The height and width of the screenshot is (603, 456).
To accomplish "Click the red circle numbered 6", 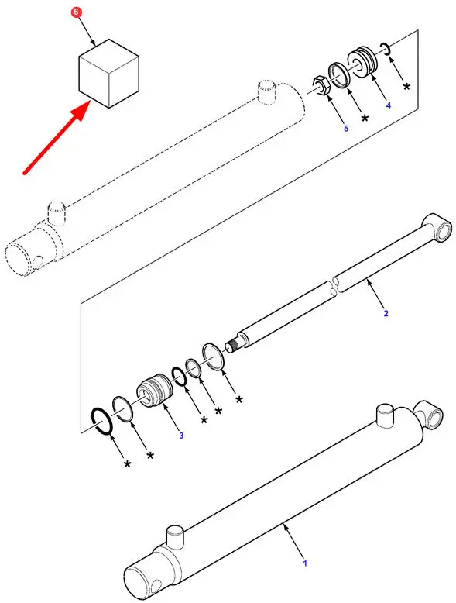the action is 76,12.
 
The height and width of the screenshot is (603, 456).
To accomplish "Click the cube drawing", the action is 108,73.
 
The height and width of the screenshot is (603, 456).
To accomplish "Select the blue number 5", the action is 346,129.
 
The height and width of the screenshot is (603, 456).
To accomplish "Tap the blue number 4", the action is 389,105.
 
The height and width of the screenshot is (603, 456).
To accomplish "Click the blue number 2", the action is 386,313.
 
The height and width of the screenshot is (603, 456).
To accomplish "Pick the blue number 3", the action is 181,436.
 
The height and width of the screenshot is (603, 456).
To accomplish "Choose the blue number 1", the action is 305,563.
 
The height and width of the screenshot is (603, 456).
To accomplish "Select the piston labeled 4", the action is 362,61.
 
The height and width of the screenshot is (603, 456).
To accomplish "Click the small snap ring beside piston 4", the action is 386,48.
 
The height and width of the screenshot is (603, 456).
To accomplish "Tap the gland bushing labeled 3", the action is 154,393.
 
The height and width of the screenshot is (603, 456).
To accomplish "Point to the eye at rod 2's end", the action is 437,228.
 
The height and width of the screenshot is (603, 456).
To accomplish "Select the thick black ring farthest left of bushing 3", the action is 101,422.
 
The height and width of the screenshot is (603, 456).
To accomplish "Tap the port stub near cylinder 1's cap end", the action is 176,535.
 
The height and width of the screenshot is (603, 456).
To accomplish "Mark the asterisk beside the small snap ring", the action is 406,86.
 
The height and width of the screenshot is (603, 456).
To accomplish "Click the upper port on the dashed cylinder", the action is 266,91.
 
